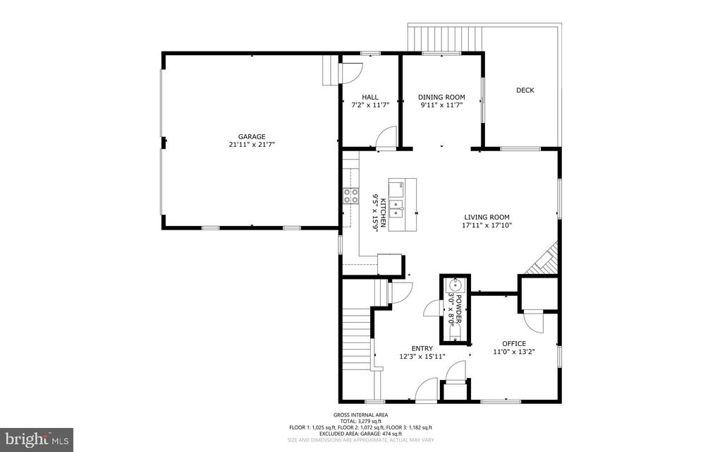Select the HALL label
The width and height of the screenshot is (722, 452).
click(x=370, y=97)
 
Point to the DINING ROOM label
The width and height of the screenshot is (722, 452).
click(x=441, y=97)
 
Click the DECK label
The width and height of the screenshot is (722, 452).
click(x=525, y=90)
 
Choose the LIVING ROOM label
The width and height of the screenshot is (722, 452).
click(x=487, y=217)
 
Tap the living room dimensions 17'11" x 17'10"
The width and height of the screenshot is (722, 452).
click(x=487, y=225)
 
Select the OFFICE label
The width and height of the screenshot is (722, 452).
click(x=513, y=343)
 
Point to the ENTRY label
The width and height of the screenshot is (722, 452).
click(x=422, y=348)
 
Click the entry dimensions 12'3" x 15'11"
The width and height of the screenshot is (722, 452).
click(x=422, y=357)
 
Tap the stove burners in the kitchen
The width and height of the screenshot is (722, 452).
click(x=350, y=196)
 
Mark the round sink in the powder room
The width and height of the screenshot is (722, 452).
click(x=455, y=285)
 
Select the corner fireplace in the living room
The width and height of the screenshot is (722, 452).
click(x=544, y=259)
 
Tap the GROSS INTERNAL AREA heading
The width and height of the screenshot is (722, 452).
click(x=360, y=415)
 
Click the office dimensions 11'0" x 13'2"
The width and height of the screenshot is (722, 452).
click(x=513, y=352)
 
